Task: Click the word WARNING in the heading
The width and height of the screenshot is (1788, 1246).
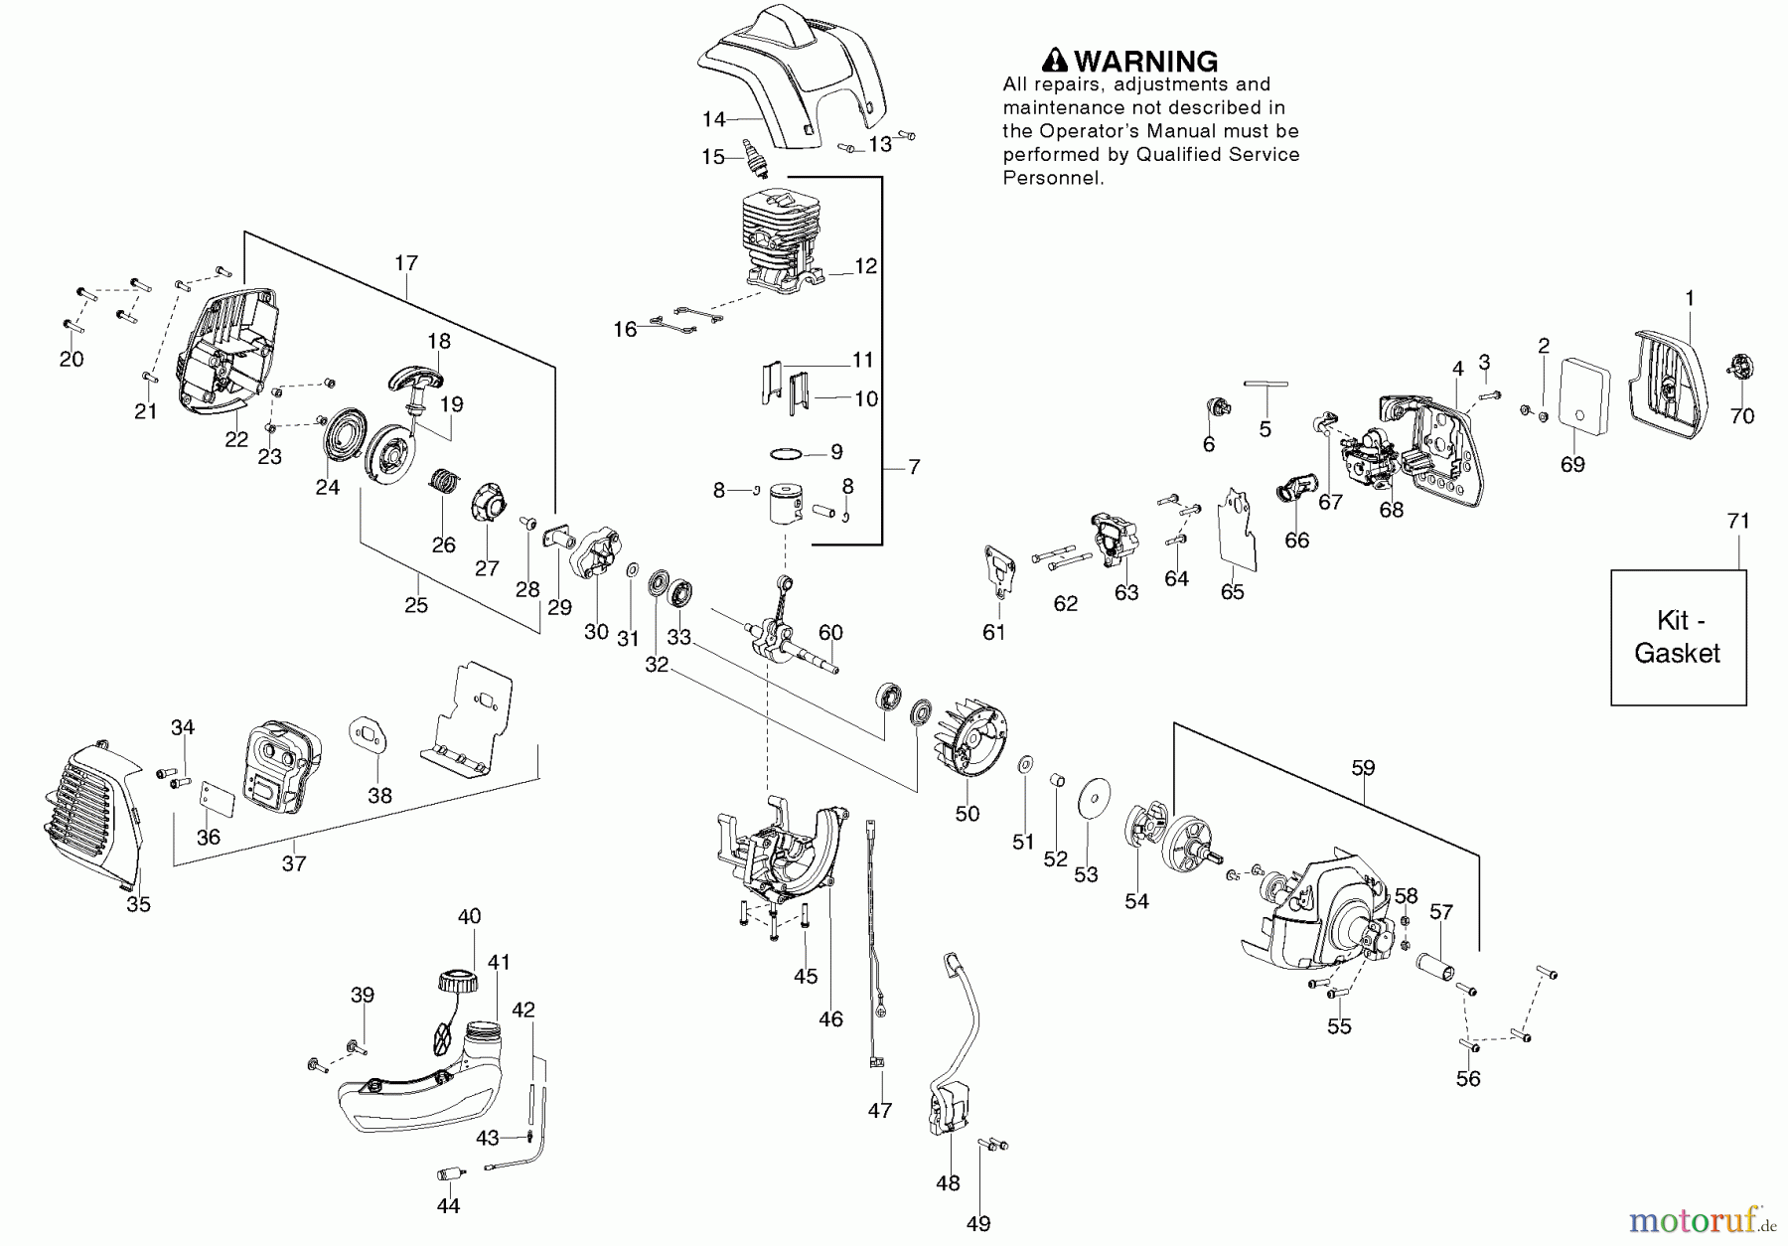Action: pyautogui.click(x=1145, y=62)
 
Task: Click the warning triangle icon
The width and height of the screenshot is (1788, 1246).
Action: pyautogui.click(x=1055, y=62)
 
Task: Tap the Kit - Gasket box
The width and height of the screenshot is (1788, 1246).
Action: pyautogui.click(x=1678, y=637)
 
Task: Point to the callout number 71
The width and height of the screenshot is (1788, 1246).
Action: pyautogui.click(x=1738, y=521)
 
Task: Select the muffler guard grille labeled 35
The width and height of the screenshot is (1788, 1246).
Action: pyautogui.click(x=92, y=811)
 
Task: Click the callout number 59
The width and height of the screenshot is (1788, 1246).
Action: pyautogui.click(x=1363, y=768)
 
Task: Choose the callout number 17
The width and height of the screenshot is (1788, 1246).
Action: pyautogui.click(x=405, y=263)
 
